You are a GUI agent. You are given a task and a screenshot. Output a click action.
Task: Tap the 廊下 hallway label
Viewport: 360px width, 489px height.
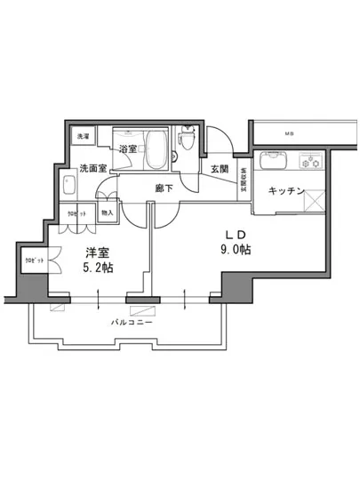tap(163, 188)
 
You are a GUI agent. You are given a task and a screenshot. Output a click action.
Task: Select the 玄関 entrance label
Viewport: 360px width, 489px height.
tap(220, 169)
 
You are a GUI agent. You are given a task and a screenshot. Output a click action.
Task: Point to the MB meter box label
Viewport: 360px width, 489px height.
tap(288, 134)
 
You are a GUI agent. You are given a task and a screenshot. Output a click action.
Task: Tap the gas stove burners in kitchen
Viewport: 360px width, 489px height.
tap(312, 163)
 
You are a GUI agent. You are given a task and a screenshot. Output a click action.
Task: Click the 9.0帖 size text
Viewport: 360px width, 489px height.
tap(237, 251)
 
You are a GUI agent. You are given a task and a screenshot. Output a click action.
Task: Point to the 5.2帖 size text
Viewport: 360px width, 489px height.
tap(99, 267)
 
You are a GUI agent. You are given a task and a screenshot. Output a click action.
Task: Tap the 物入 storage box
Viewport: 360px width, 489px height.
tap(107, 212)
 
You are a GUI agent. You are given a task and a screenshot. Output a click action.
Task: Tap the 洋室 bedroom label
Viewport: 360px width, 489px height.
tap(98, 251)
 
